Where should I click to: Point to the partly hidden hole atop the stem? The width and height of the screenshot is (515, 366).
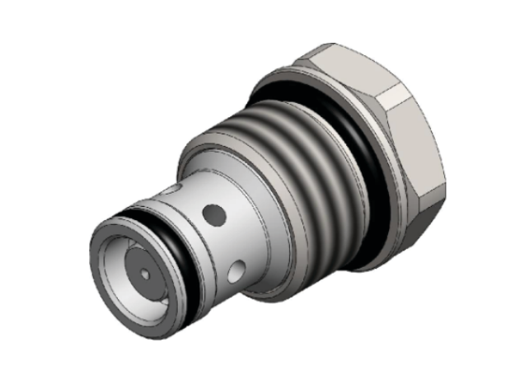point(170,191)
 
